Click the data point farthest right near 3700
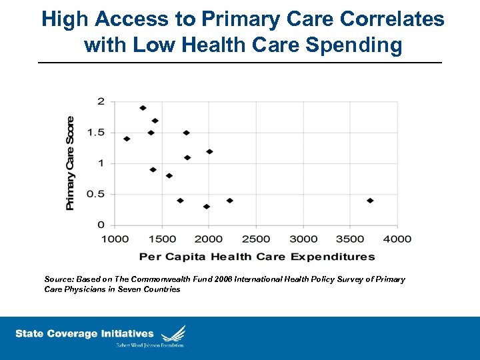370,201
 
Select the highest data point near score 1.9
143,108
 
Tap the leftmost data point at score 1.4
127,139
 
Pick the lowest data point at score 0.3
207,207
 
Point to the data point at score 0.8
169,176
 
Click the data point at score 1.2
209,151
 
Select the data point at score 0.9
153,170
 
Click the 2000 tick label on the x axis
209,239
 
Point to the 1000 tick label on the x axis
115,239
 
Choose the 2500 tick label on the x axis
256,239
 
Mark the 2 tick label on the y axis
101,101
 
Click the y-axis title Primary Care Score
71,163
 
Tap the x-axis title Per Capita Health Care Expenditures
257,257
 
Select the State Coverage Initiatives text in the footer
85,334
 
